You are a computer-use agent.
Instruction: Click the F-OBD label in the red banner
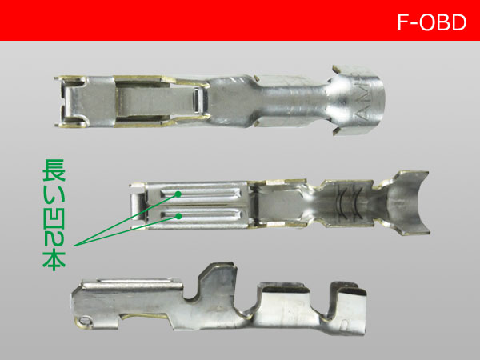pos(432,22)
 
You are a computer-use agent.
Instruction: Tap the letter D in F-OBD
pos(458,22)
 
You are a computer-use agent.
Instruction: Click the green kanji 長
pos(54,170)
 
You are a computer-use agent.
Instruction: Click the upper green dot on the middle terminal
pos(178,194)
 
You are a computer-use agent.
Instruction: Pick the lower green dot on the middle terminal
pos(178,217)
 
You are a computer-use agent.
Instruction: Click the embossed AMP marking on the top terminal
pos(363,99)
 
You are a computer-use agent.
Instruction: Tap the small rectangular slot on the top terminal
pos(196,101)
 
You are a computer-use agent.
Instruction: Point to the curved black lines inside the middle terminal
pos(349,203)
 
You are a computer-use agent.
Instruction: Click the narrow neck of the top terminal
pos(291,101)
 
